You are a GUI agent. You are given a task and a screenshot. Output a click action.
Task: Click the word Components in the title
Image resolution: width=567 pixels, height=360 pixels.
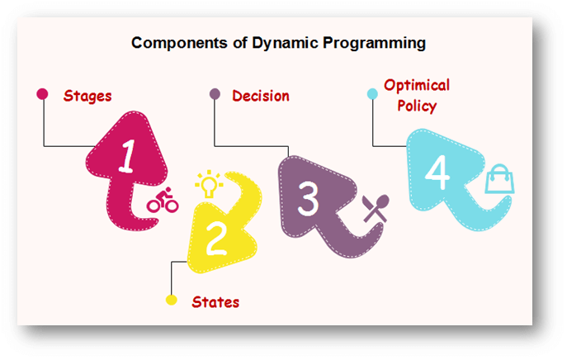179,43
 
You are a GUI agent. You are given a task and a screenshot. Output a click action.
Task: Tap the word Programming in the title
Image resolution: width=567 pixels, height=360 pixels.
374,44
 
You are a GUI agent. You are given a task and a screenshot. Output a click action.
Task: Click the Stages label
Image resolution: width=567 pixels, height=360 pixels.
87,97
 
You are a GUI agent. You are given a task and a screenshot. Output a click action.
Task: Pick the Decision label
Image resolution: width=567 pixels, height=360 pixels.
261,96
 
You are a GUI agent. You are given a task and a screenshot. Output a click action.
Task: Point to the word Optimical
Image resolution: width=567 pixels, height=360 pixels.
417,86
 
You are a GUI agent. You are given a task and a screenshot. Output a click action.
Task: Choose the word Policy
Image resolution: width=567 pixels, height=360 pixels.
417,106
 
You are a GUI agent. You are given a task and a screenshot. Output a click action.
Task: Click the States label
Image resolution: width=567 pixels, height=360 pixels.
215,302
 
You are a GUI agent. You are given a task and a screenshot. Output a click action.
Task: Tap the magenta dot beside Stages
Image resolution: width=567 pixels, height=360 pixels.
42,94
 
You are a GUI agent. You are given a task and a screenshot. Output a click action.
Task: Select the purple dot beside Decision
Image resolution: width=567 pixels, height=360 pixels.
215,93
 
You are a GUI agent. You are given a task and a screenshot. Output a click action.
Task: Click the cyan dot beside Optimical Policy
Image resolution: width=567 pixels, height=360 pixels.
372,94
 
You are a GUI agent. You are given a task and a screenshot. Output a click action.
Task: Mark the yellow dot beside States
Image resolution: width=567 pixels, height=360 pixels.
172,300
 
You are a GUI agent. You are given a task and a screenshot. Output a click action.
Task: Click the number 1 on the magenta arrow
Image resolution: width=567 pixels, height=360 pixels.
127,156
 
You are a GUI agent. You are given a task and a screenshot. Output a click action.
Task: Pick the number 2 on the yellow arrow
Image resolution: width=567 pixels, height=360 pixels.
216,239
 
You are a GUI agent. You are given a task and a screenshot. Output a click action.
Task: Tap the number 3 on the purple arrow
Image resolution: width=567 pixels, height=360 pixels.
308,199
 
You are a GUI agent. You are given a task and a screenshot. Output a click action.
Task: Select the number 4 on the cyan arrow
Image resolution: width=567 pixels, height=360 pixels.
437,173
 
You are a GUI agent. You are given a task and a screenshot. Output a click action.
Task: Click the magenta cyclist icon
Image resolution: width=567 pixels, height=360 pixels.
163,200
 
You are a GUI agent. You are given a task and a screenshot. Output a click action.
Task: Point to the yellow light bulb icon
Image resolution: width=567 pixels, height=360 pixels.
209,183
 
